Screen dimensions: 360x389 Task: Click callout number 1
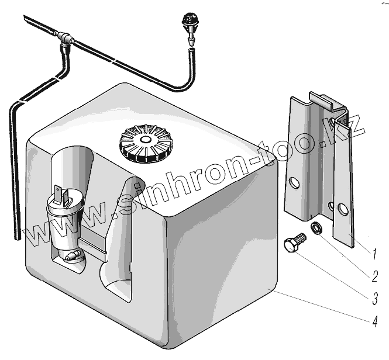pyautogui.click(x=373, y=253)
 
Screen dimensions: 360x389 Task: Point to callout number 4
pyautogui.click(x=373, y=320)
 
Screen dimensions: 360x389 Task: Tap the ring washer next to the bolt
pyautogui.click(x=316, y=227)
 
